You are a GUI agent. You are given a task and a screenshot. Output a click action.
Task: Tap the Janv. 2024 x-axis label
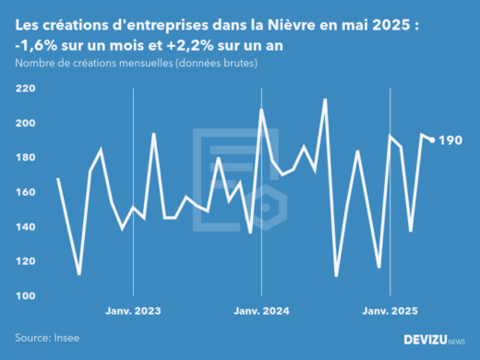pos(261,312)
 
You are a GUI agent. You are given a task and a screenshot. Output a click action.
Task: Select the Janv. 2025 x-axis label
pos(389,312)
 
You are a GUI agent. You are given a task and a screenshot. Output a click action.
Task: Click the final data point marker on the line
pos(432,140)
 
